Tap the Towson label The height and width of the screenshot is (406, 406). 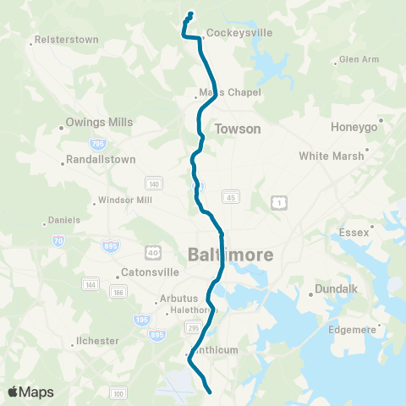pos(238,129)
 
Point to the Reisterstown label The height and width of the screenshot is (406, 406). pos(69,40)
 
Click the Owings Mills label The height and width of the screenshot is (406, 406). pos(100,122)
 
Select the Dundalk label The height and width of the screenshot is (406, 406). pos(337,289)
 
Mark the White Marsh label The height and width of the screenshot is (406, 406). pos(331,156)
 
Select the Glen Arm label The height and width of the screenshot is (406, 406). pos(359,60)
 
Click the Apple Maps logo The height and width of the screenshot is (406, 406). pos(30,392)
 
